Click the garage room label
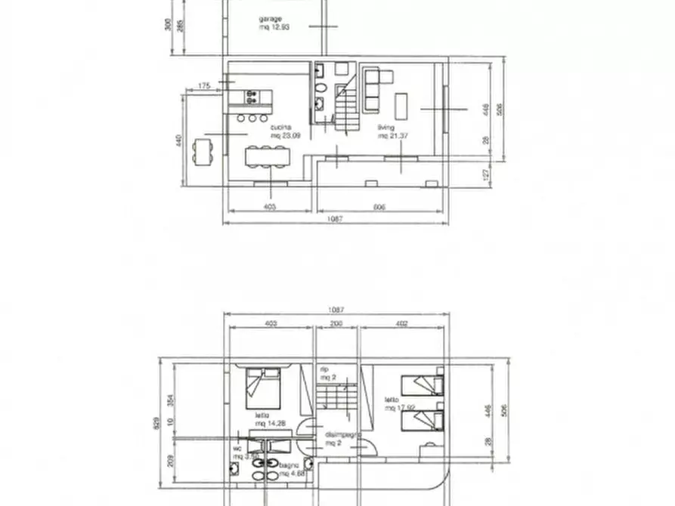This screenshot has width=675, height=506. (x=271, y=22)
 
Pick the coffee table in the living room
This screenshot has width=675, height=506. (x=401, y=106)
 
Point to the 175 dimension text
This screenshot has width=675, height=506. (x=203, y=87)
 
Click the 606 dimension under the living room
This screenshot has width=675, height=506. (x=379, y=206)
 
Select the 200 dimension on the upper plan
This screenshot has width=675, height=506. (x=336, y=324)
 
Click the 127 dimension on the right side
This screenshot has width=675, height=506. (x=488, y=173)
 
